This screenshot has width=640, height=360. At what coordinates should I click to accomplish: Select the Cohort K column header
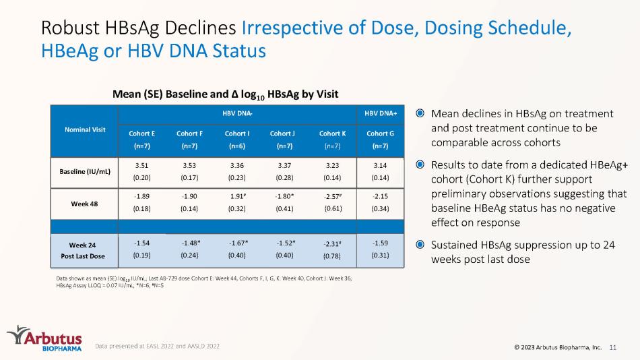pyautogui.click(x=331, y=139)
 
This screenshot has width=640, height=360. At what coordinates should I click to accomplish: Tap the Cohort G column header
pyautogui.click(x=380, y=139)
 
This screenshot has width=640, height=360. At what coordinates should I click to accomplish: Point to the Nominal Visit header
pyautogui.click(x=84, y=128)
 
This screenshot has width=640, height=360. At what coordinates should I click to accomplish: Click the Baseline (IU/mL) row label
pyautogui.click(x=84, y=171)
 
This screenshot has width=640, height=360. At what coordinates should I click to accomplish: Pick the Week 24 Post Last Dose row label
pyautogui.click(x=84, y=249)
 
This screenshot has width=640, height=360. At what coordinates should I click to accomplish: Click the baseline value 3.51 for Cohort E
pyautogui.click(x=141, y=164)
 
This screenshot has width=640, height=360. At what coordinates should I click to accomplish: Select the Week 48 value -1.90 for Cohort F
pyautogui.click(x=189, y=196)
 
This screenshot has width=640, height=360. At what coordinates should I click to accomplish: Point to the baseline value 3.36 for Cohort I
pyautogui.click(x=236, y=164)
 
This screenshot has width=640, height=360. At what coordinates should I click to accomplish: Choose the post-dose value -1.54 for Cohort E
pyautogui.click(x=141, y=243)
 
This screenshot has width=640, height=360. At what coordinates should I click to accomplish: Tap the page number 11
pyautogui.click(x=613, y=347)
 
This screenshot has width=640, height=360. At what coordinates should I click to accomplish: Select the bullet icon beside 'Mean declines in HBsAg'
pyautogui.click(x=420, y=113)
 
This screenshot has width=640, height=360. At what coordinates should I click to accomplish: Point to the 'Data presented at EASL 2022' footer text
pyautogui.click(x=157, y=346)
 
